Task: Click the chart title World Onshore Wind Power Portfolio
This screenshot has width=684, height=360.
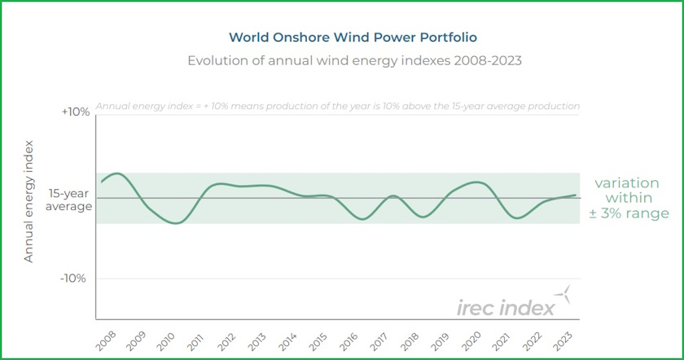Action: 341,37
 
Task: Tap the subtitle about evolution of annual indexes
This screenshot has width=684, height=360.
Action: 341,61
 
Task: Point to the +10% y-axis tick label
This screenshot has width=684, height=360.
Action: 76,112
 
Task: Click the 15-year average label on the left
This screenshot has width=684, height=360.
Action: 69,200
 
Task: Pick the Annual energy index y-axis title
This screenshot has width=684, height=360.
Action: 28,200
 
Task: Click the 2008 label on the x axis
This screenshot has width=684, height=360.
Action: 106,340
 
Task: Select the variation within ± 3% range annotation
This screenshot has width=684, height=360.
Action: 627,199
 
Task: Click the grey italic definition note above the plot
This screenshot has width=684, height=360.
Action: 338,106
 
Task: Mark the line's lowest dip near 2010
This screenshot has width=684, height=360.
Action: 174,222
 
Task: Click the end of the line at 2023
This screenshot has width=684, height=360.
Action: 577,195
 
